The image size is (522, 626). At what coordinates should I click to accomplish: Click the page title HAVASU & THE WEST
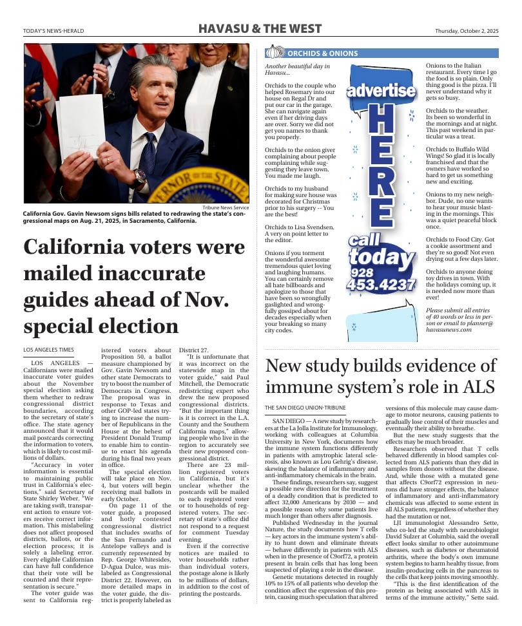260,29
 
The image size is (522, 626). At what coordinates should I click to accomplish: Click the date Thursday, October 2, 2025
466,30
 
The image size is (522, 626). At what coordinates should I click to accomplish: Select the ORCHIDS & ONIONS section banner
322,53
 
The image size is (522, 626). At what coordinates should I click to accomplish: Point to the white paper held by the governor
81,127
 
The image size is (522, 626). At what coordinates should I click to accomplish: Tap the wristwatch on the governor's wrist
139,177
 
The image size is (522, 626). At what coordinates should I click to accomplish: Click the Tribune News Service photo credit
225,208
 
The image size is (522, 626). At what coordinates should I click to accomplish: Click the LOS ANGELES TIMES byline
48,350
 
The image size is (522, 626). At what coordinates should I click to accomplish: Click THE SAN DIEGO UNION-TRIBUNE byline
305,408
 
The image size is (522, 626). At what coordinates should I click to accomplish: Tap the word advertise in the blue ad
381,90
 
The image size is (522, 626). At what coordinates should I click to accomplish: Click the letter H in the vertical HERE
381,120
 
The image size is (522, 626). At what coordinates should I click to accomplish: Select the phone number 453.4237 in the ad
381,285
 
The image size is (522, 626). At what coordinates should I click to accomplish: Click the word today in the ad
381,258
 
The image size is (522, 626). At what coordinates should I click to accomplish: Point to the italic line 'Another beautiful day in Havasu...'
297,70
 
